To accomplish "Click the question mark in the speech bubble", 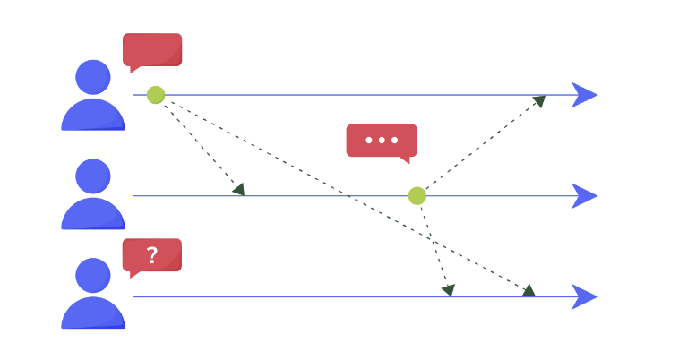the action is point(152,255).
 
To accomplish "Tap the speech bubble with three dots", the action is point(382,141).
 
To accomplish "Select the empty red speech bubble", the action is point(152,49).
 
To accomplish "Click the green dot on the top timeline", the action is point(156,95).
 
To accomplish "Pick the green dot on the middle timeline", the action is point(417,195).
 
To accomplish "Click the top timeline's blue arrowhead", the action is point(584,95).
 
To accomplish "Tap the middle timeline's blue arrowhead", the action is point(584,195).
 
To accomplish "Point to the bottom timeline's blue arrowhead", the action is point(584,296).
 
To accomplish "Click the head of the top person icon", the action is point(93,77).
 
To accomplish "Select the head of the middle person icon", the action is point(93,176).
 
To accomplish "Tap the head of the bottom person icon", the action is point(93,275).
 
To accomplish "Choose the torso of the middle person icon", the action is point(93,215).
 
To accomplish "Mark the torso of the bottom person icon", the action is point(93,313).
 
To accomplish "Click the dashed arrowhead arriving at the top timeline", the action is point(539,100).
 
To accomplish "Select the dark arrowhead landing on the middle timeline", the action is point(238,189).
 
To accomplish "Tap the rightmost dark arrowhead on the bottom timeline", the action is point(529,290).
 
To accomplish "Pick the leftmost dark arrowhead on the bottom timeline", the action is point(448,290).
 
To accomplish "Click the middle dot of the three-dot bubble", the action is point(382,140).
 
